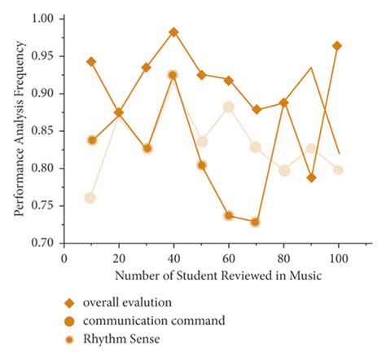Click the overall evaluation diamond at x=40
[x=173, y=32]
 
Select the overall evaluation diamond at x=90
[x=311, y=178]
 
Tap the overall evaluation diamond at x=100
[x=337, y=46]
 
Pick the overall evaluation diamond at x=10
[x=91, y=62]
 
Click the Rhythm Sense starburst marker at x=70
[x=256, y=222]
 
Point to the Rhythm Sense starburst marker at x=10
[x=92, y=140]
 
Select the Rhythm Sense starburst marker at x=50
[x=201, y=165]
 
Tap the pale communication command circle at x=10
[x=90, y=198]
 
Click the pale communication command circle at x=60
[x=229, y=107]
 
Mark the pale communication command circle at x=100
[x=338, y=169]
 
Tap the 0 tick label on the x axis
[x=64, y=258]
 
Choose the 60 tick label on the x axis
[x=228, y=258]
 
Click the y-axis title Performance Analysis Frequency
[x=18, y=130]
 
